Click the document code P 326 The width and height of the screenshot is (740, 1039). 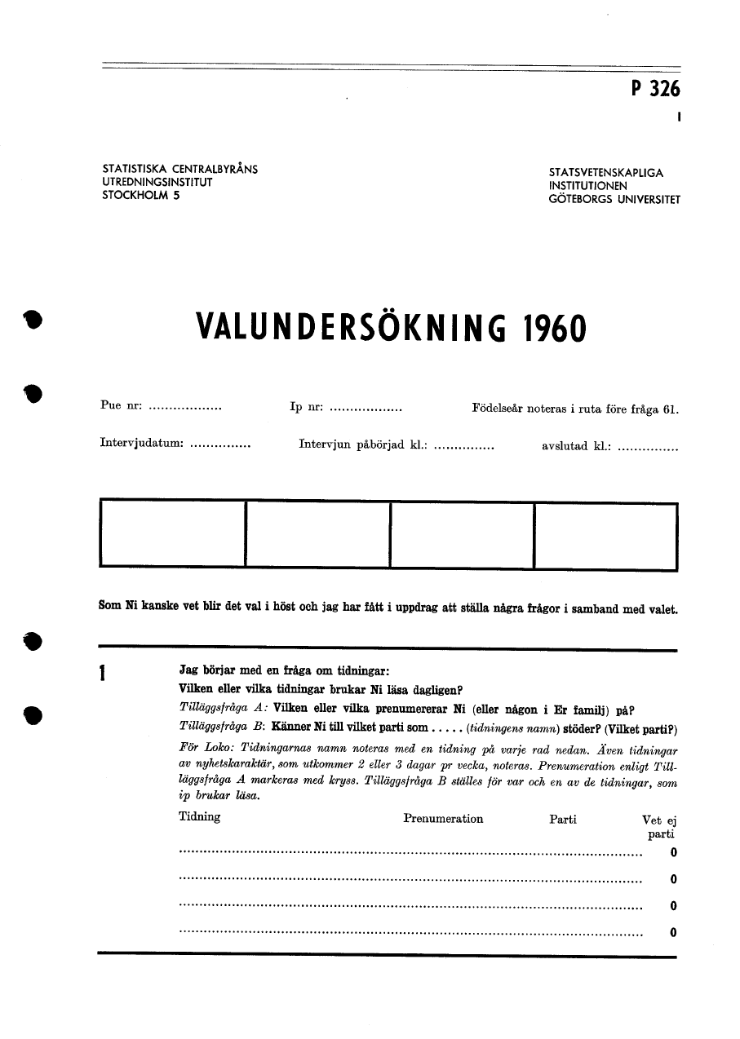(x=655, y=90)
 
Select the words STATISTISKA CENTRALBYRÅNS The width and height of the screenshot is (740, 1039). (x=179, y=170)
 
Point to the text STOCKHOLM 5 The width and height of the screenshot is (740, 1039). (x=140, y=196)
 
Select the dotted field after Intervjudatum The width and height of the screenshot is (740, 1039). (x=219, y=447)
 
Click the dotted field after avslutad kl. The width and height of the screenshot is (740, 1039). (x=648, y=447)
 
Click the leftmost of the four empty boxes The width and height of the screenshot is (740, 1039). (x=172, y=534)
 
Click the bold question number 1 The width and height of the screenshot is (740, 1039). (x=103, y=674)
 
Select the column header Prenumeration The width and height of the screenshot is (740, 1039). (x=443, y=819)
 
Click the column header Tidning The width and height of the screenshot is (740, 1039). (x=199, y=817)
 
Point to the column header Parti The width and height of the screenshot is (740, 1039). (x=563, y=819)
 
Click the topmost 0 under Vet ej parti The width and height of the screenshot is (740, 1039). (x=673, y=853)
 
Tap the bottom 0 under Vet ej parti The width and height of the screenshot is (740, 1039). (x=673, y=932)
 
